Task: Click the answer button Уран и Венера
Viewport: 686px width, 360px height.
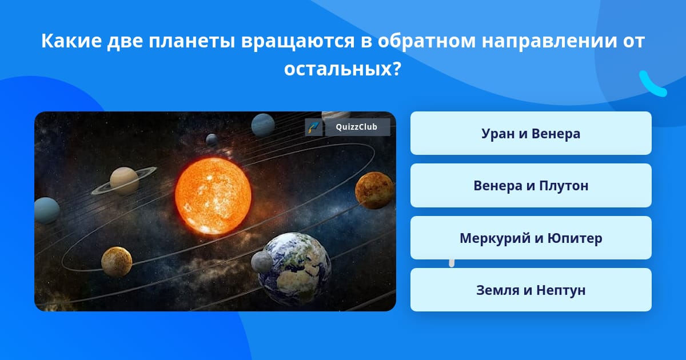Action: click(531, 133)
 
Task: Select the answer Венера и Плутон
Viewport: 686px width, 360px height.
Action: click(531, 186)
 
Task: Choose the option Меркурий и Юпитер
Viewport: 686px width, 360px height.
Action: click(531, 238)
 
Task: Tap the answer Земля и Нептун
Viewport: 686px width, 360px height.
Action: click(531, 290)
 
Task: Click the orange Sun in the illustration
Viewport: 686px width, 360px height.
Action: click(213, 196)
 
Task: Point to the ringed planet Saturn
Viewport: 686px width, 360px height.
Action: click(124, 181)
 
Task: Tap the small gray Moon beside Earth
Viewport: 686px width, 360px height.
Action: click(262, 262)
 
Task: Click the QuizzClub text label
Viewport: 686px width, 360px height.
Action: click(357, 127)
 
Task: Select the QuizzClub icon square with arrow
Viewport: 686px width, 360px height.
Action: click(314, 127)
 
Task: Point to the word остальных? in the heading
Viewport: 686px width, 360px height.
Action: click(342, 69)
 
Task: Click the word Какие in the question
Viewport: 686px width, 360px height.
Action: click(71, 41)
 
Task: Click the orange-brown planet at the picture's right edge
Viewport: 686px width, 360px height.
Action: click(374, 190)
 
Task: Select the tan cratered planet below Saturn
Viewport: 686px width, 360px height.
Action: click(117, 262)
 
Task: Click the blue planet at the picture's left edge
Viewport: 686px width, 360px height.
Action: click(47, 210)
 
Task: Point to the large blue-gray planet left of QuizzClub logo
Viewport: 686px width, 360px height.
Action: click(263, 125)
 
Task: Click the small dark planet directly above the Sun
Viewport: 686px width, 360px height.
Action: click(212, 140)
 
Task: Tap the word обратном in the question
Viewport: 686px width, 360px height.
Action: click(426, 41)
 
